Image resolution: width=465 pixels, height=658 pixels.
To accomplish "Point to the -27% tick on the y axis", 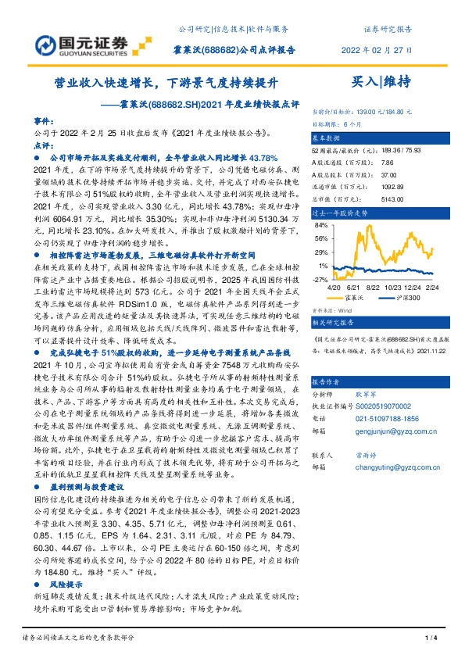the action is click(x=320, y=279).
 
